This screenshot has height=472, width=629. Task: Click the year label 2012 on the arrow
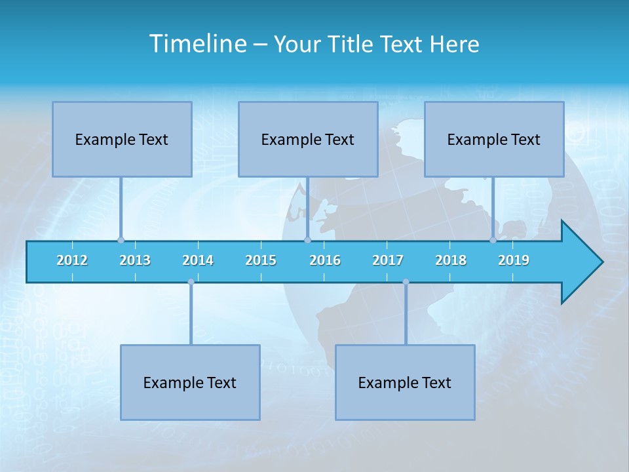72,260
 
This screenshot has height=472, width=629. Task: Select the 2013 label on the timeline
135,260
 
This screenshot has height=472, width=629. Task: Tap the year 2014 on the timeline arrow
198,260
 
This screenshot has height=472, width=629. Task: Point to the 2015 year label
261,260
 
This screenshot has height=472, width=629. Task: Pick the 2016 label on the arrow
325,260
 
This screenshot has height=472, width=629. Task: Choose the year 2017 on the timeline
388,260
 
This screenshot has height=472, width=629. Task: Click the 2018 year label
451,260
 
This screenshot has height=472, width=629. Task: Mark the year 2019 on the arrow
514,260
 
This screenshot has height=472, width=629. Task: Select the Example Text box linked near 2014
190,382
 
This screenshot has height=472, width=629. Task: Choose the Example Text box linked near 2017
405,382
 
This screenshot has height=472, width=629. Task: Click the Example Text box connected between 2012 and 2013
122,139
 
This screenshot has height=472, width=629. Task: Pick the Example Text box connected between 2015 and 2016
308,139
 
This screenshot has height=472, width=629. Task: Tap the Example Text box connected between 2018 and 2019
494,139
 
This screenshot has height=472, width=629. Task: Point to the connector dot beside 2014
191,282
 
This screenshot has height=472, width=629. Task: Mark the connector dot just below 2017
406,282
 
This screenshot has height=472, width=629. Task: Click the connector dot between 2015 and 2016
307,240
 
